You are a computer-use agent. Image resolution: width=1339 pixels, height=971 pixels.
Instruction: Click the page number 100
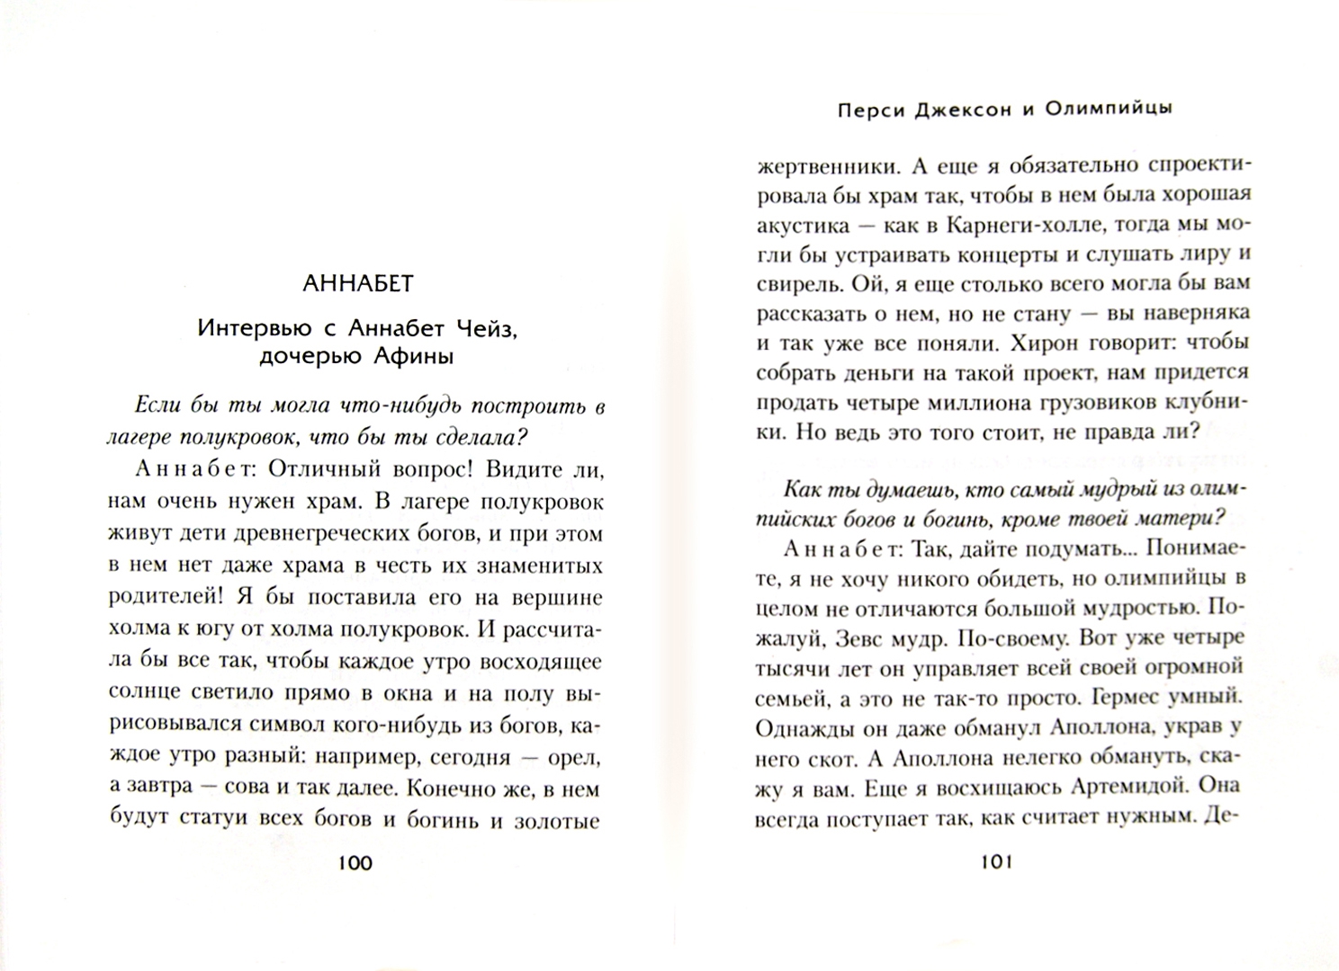coord(354,863)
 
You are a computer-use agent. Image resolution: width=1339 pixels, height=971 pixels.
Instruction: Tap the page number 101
coord(996,863)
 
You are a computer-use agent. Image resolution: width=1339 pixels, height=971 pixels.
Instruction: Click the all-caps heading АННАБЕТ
coord(357,284)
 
